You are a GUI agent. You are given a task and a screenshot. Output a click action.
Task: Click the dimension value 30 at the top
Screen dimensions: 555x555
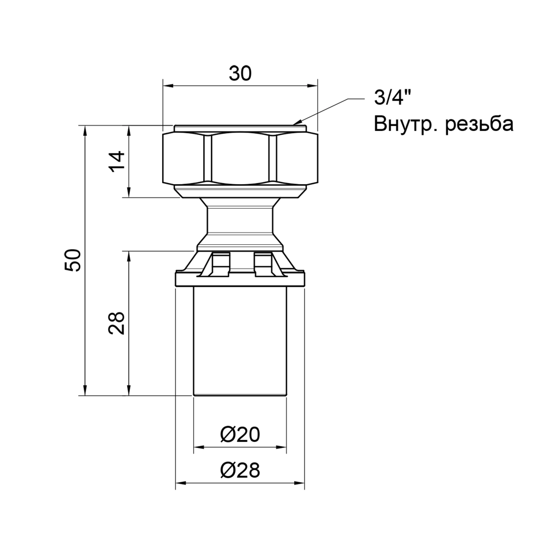(x=240, y=74)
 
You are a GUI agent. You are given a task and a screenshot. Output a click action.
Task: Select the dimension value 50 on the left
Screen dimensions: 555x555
(x=73, y=260)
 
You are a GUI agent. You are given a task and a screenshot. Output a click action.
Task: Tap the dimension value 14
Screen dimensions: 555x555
(x=117, y=161)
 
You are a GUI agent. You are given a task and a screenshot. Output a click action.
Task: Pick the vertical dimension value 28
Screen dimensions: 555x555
(x=117, y=322)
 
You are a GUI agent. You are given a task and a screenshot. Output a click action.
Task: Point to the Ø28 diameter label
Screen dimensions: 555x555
(x=240, y=471)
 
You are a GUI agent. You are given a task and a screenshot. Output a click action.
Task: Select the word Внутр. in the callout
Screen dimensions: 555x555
(x=405, y=123)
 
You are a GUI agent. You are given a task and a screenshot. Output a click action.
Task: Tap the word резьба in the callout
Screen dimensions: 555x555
(x=480, y=123)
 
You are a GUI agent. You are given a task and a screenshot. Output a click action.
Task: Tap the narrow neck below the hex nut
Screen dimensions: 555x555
(x=240, y=219)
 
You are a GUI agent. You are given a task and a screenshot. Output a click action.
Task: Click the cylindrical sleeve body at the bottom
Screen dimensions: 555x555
(x=240, y=339)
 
